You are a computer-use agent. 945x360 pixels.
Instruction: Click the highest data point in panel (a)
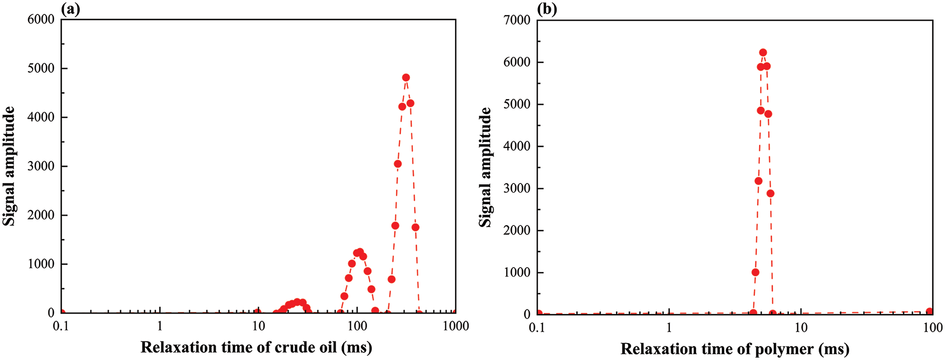tap(406, 77)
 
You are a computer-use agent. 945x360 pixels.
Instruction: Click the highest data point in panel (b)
tap(763, 53)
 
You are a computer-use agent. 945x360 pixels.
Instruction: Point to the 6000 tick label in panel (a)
tap(41, 19)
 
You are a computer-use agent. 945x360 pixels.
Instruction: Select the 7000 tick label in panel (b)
tap(517, 20)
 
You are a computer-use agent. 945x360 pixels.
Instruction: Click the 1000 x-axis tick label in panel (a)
tap(456, 326)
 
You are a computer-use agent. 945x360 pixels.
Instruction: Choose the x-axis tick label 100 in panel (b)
tap(932, 327)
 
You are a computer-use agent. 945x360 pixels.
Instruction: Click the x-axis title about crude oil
tap(256, 347)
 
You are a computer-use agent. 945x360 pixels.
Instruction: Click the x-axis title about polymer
tap(735, 349)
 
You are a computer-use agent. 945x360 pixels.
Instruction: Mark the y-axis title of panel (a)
tap(9, 166)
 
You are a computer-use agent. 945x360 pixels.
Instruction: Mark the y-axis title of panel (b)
tap(485, 167)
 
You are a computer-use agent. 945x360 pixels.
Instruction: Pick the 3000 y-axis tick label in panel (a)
tap(41, 166)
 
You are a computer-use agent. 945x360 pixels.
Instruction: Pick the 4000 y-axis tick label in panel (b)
tap(517, 146)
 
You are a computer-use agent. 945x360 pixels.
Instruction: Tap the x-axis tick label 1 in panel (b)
tap(669, 327)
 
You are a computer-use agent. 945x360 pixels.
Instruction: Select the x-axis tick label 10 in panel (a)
tap(258, 326)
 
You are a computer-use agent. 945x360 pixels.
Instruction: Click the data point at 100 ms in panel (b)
tap(929, 311)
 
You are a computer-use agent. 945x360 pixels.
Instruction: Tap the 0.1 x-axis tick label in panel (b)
tap(537, 327)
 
